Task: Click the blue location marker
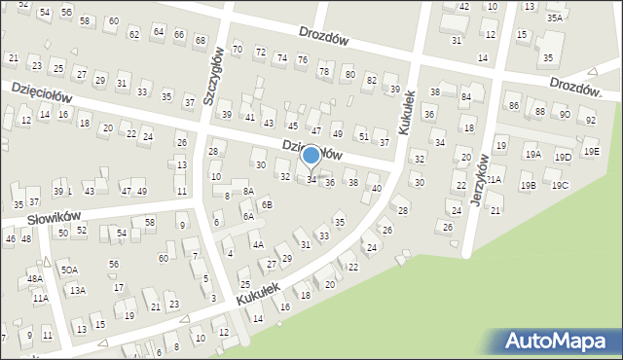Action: (311, 156)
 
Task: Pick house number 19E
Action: (592, 152)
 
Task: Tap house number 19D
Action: (563, 157)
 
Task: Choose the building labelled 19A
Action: (532, 154)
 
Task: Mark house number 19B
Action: (528, 186)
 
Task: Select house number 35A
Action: (555, 18)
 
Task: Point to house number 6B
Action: (267, 204)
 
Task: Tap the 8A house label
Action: (248, 192)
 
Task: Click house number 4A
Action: (257, 245)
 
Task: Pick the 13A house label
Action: (77, 290)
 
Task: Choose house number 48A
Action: (35, 278)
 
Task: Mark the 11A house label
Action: (40, 299)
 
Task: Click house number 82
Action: (372, 78)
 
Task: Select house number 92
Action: (590, 121)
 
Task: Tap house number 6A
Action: (248, 217)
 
